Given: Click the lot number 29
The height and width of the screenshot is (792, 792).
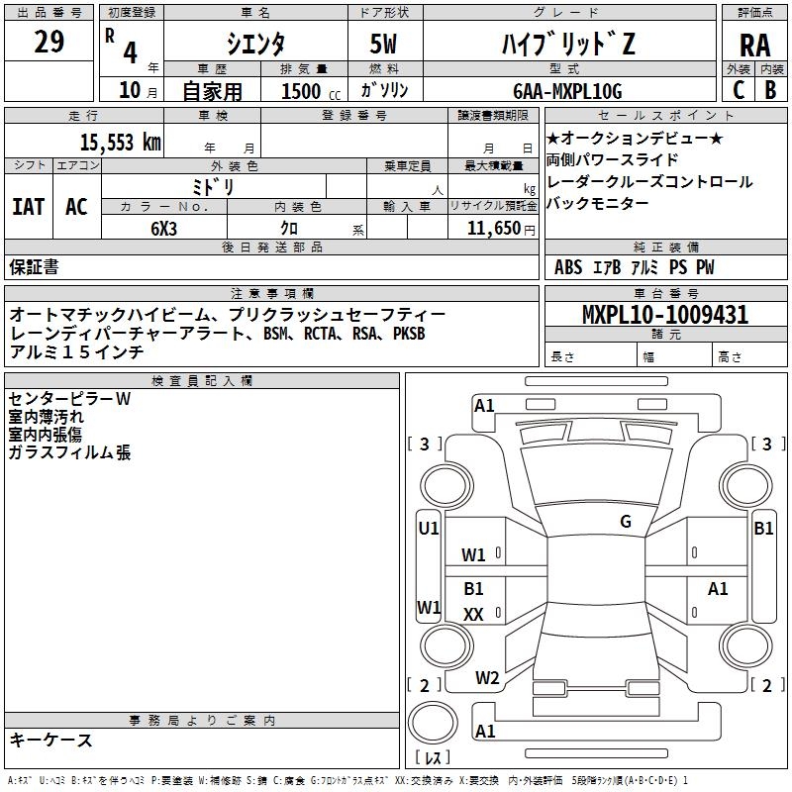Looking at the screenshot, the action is coord(49,44).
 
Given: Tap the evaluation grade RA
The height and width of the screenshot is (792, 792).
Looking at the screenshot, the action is coord(754,45).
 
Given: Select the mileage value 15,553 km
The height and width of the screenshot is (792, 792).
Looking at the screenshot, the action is coord(120,142).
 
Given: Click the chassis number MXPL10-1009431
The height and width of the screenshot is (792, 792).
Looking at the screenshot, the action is coord(664,315).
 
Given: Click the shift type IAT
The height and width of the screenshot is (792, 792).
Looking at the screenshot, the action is coord(29,207).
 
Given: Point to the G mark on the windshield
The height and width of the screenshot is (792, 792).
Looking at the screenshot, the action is coord(625,522).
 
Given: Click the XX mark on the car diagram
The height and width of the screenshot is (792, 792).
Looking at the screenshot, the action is coord(473,615).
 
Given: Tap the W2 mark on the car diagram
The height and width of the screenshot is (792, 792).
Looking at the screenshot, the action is coord(486,678).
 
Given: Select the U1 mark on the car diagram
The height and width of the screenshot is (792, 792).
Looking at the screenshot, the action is coord(429,529).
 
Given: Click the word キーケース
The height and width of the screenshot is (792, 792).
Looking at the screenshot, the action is coord(50,740).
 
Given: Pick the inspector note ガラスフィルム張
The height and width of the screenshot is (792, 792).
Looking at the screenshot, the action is coord(69,453).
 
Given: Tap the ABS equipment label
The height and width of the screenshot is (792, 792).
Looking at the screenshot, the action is coord(568,267).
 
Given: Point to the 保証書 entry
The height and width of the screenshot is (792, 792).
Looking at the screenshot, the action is coord(34,267).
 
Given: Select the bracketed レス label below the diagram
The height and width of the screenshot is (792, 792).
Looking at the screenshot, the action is coord(432,759).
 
